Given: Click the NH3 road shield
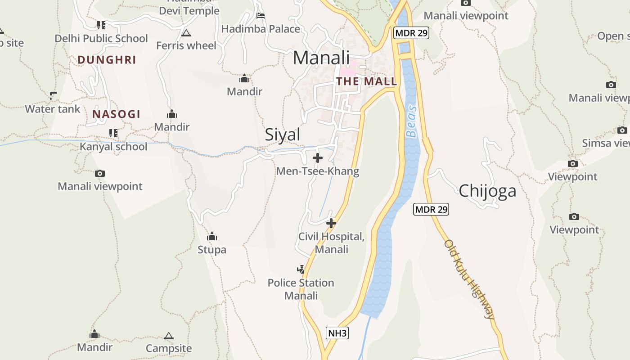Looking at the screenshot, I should pyautogui.click(x=337, y=333).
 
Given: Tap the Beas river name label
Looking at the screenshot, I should pyautogui.click(x=411, y=121).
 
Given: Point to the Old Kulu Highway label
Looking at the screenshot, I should pyautogui.click(x=469, y=279).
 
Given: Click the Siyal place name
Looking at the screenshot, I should pyautogui.click(x=282, y=135).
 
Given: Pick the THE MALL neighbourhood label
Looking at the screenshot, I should pyautogui.click(x=367, y=81).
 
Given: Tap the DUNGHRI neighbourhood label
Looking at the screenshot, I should pyautogui.click(x=107, y=60).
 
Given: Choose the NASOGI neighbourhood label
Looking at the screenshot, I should pyautogui.click(x=117, y=114).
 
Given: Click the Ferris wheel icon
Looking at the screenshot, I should pyautogui.click(x=186, y=33).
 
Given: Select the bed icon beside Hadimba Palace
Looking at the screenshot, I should pyautogui.click(x=260, y=16).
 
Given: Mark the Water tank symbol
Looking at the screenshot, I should pyautogui.click(x=53, y=95).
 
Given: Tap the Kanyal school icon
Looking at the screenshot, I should pyautogui.click(x=113, y=133).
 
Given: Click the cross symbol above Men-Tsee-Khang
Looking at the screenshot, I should pyautogui.click(x=318, y=158).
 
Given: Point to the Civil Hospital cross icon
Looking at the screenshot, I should pyautogui.click(x=331, y=223).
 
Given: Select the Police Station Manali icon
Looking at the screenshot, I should pyautogui.click(x=301, y=270).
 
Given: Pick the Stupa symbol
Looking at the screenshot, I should pyautogui.click(x=212, y=236).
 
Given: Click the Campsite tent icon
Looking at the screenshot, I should pyautogui.click(x=169, y=336).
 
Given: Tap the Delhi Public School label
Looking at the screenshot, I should pyautogui.click(x=101, y=39).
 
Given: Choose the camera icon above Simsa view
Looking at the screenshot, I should pyautogui.click(x=622, y=130).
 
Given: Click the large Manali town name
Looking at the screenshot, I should pyautogui.click(x=321, y=58).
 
